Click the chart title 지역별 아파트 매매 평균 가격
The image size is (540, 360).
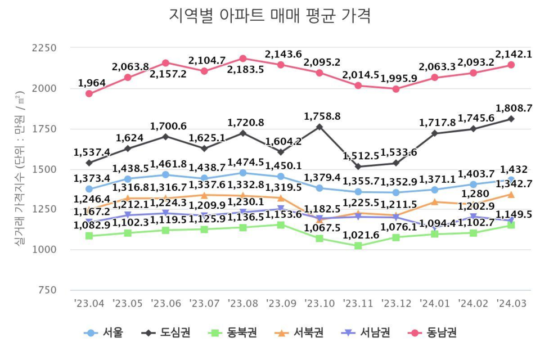click(x=269, y=16)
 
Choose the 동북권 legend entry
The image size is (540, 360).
click(x=234, y=332)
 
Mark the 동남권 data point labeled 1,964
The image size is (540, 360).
click(x=89, y=93)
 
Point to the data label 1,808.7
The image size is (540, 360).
click(x=511, y=107)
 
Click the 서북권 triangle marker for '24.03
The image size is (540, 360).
click(x=511, y=194)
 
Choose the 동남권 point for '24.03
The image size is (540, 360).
click(x=511, y=65)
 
